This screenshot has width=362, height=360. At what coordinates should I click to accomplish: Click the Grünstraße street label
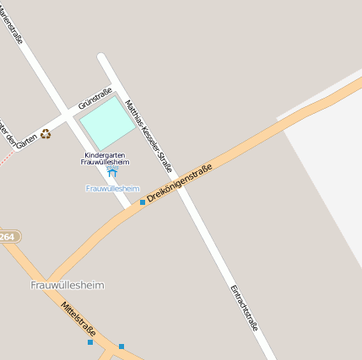(95, 99)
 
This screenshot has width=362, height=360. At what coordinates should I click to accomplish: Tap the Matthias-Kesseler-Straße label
(149, 135)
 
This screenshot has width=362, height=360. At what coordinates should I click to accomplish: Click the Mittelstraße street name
(78, 320)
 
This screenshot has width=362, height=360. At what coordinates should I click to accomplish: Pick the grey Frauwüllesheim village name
(68, 285)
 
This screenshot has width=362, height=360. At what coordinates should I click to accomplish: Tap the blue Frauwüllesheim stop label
(112, 188)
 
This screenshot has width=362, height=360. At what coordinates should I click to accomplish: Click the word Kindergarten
(105, 155)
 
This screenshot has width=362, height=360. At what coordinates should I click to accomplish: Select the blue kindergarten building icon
(112, 172)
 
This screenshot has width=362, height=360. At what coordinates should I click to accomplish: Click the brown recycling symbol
(45, 133)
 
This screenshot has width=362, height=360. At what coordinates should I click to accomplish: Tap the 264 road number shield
(8, 237)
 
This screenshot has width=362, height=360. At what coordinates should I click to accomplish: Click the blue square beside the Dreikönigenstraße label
(142, 202)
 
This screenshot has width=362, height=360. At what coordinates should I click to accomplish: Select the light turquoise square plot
(107, 123)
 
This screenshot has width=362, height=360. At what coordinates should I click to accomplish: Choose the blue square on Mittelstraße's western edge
(89, 342)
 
